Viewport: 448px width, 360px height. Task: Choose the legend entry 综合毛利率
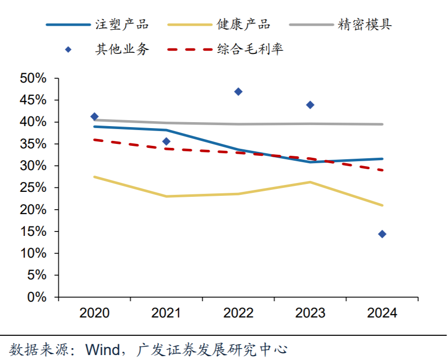coord(250,49)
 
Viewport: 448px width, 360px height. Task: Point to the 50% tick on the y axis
coord(33,79)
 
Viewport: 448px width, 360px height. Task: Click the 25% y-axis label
coord(33,188)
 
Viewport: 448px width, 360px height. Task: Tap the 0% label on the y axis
coord(37,297)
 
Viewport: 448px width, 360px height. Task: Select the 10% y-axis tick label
coord(33,254)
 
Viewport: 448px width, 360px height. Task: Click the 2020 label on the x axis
coord(94,313)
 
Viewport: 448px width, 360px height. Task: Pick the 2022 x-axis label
coord(238,313)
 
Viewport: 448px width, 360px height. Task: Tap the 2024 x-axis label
coord(382,313)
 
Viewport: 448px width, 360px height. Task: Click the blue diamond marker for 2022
coord(238,91)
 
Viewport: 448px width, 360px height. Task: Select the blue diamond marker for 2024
coord(382,234)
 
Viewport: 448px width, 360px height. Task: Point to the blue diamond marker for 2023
coord(310,105)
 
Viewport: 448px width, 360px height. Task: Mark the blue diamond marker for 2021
coord(166,141)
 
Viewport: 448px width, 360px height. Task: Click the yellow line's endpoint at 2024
coord(382,205)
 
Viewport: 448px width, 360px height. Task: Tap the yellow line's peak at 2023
coord(310,182)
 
